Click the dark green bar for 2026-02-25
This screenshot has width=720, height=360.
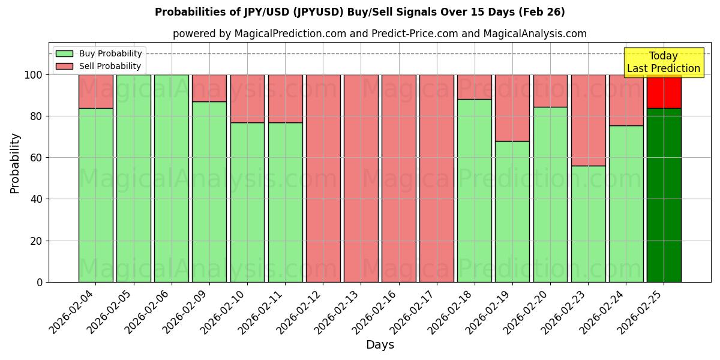tap(664, 195)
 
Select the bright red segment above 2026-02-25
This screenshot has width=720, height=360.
tap(664, 92)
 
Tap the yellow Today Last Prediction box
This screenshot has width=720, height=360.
tap(664, 62)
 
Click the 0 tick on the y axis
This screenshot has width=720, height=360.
tap(40, 282)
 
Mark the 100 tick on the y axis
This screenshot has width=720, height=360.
tap(35, 75)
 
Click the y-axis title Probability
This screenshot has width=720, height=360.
tap(15, 163)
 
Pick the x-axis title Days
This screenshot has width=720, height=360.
tap(380, 345)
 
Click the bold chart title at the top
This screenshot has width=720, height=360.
tap(360, 12)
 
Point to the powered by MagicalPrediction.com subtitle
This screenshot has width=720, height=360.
tap(380, 34)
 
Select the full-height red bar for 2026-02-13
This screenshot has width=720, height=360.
tap(361, 178)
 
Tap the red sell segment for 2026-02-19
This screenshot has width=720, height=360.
tap(512, 108)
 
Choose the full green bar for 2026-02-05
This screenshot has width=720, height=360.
tap(133, 178)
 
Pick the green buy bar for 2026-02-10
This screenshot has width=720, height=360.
tap(247, 202)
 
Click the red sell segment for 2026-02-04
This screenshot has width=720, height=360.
tap(95, 91)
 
